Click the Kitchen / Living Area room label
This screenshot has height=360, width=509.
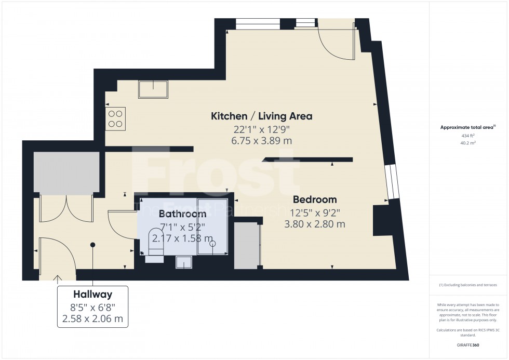261,116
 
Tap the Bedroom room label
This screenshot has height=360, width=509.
315,199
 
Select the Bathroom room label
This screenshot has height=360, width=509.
182,214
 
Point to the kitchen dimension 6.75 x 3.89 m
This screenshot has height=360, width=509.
261,141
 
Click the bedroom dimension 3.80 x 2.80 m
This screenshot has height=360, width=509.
315,224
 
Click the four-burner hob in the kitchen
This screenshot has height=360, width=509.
115,118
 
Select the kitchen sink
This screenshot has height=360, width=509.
153,89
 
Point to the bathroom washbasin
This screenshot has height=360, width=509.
183,262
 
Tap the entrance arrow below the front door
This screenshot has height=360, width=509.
56,279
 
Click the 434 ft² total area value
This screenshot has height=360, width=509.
468,136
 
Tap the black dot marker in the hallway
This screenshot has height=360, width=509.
92,245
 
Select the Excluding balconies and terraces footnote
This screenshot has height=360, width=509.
468,285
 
